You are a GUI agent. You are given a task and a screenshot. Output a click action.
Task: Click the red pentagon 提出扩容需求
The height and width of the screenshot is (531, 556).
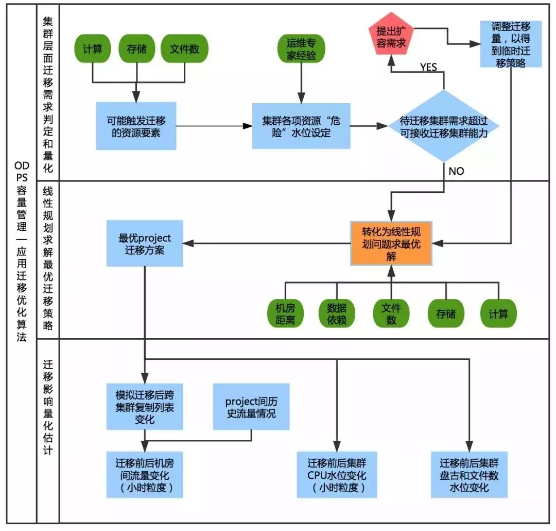coord(391,38)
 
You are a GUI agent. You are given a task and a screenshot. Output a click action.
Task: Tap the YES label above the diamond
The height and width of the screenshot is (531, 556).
coord(428,68)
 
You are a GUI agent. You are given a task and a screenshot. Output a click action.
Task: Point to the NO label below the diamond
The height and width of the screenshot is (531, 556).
coord(456,171)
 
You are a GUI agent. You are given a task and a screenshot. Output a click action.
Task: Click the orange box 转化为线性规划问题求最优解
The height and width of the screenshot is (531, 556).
coord(391,243)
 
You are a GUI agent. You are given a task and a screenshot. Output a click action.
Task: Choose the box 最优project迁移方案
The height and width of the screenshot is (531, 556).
coord(145,243)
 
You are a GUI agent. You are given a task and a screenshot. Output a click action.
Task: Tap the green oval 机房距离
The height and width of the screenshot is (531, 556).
coord(285,313)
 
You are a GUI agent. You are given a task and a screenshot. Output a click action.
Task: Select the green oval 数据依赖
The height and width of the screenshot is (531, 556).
coord(337,313)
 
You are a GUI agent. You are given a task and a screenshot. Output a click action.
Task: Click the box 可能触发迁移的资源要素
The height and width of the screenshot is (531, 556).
coord(136,126)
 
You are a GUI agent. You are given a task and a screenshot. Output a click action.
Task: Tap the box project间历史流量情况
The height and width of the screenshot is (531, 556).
coord(251,407)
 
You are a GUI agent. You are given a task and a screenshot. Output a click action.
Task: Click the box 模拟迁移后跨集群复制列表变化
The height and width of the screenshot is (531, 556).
coord(145,407)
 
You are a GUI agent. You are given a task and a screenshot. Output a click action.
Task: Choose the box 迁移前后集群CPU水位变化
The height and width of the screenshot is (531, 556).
coord(337,475)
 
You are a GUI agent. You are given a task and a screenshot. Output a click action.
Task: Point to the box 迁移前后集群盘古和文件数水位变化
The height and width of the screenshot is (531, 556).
coord(469,475)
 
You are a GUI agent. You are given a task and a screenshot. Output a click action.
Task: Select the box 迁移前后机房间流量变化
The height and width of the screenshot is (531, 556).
coord(145,475)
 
